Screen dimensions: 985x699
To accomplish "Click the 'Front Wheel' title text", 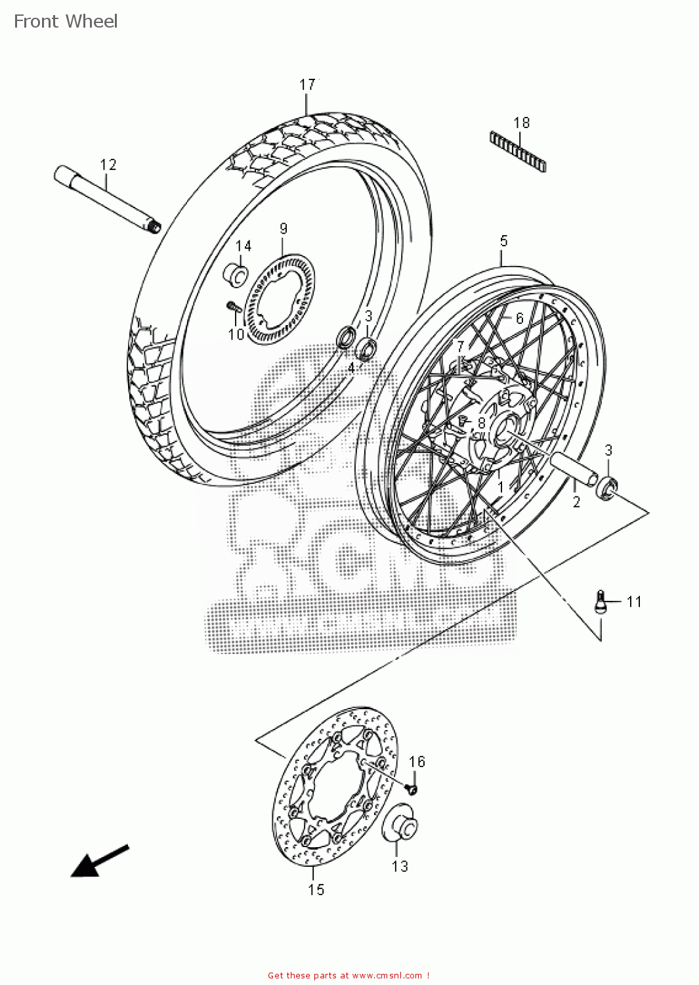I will pos(66,22).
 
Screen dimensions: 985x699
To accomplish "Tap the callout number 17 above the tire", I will pos(307,85).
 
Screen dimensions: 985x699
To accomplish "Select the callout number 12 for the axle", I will pos(108,165).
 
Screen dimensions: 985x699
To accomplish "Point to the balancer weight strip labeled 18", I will pos(518,151).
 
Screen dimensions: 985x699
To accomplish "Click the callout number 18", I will pos(522,123).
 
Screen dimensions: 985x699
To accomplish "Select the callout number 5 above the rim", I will pos(503,241).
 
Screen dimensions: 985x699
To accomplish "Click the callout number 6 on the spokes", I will pos(520,318).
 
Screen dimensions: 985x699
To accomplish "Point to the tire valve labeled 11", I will pos(600,602).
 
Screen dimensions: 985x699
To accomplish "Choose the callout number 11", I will pos(634,602).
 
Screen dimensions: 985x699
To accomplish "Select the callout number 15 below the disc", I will pos(316,889).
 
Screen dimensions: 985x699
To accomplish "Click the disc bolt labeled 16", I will pos(411,788).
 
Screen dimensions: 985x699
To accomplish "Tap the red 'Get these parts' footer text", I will pos(349,976).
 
